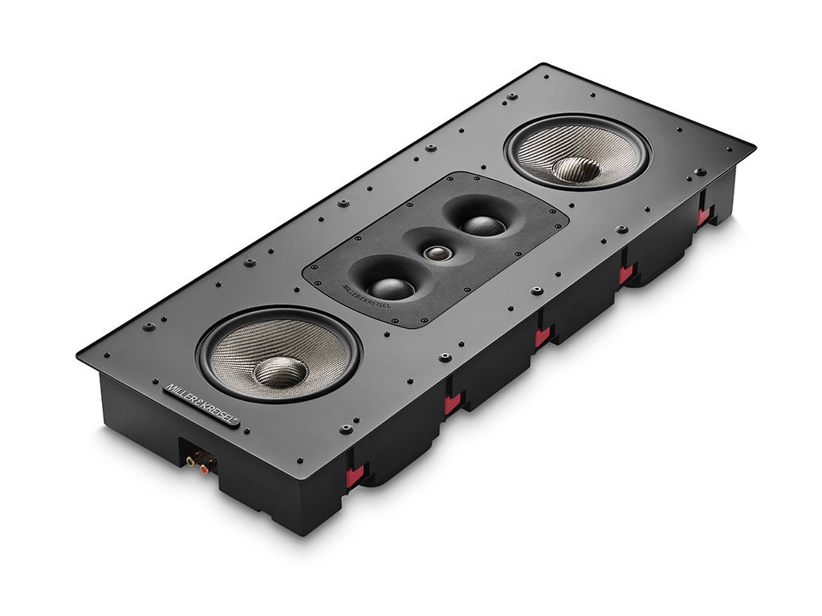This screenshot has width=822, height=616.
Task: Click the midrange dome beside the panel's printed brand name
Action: point(391,286)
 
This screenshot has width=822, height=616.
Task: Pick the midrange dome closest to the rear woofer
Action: point(483,224)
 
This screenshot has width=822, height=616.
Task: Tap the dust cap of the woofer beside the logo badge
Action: point(280,371)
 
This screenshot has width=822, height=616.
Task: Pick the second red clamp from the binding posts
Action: point(452,403)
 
